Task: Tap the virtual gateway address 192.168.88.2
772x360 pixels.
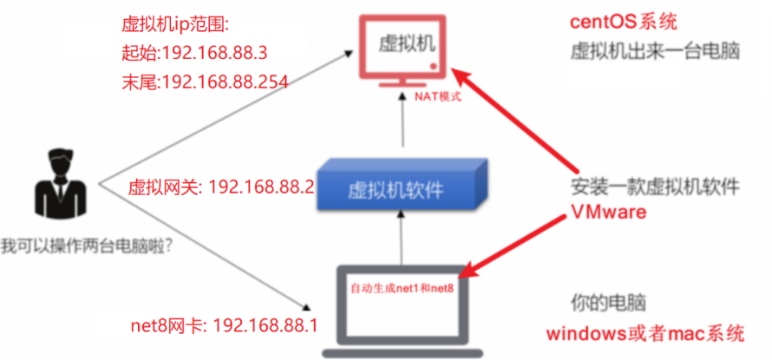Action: pos(261,187)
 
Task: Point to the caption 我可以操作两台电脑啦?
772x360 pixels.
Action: pos(86,245)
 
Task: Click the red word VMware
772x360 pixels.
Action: pos(609,213)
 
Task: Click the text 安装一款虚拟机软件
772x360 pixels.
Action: pos(655,187)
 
